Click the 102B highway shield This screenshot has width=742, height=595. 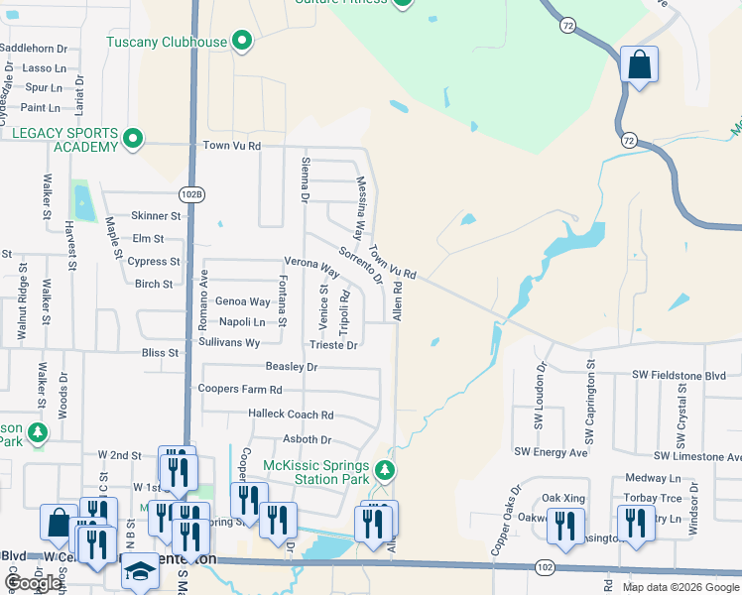tap(192, 193)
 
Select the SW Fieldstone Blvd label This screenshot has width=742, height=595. tap(685, 375)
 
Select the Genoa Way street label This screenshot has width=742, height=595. tap(243, 301)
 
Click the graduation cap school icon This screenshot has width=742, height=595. tap(140, 570)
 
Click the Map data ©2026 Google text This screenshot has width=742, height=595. tap(680, 587)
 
